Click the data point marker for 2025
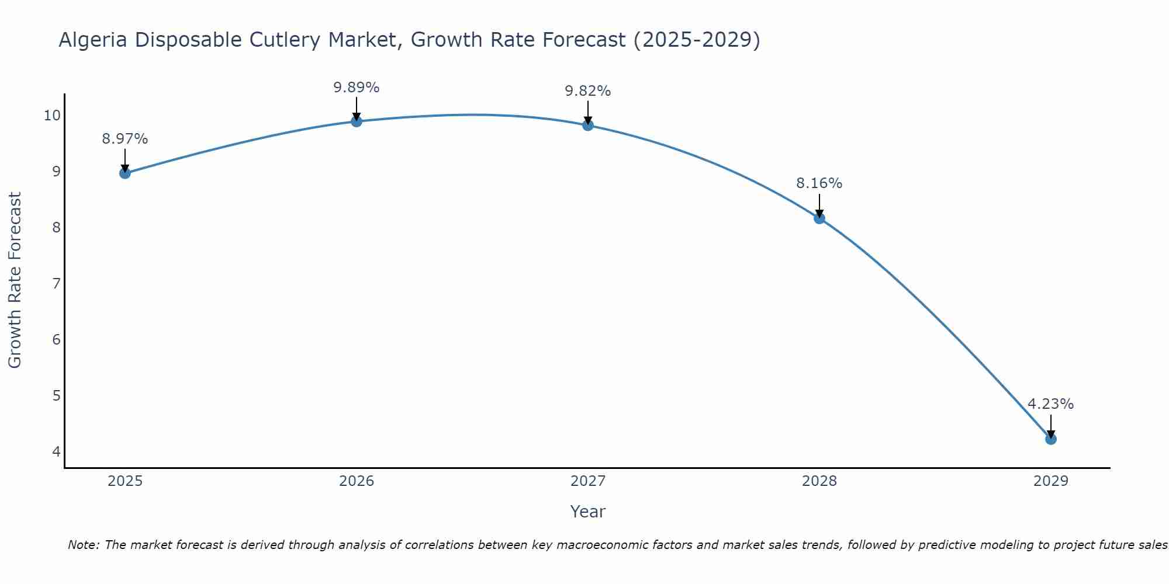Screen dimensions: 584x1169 (125, 173)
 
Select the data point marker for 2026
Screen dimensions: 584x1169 (357, 121)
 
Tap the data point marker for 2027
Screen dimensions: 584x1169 (588, 125)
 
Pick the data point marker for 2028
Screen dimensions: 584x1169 (819, 218)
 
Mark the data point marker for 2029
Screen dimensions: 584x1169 (1051, 439)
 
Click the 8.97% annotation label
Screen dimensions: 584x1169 (125, 139)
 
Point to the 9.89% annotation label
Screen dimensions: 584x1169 (357, 88)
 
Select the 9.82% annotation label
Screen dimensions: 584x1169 (588, 91)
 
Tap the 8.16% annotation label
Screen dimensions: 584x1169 (819, 183)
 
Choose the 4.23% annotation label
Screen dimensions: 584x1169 (1051, 404)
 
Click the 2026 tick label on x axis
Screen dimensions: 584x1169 (357, 481)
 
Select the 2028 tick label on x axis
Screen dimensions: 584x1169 (819, 481)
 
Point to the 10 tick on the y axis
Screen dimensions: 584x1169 (52, 115)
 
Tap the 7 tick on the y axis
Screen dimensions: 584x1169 (56, 284)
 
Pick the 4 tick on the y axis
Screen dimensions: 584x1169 (56, 451)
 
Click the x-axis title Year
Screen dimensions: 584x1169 (588, 512)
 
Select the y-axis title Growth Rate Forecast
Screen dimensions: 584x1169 (15, 280)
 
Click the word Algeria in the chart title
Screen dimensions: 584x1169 (94, 40)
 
